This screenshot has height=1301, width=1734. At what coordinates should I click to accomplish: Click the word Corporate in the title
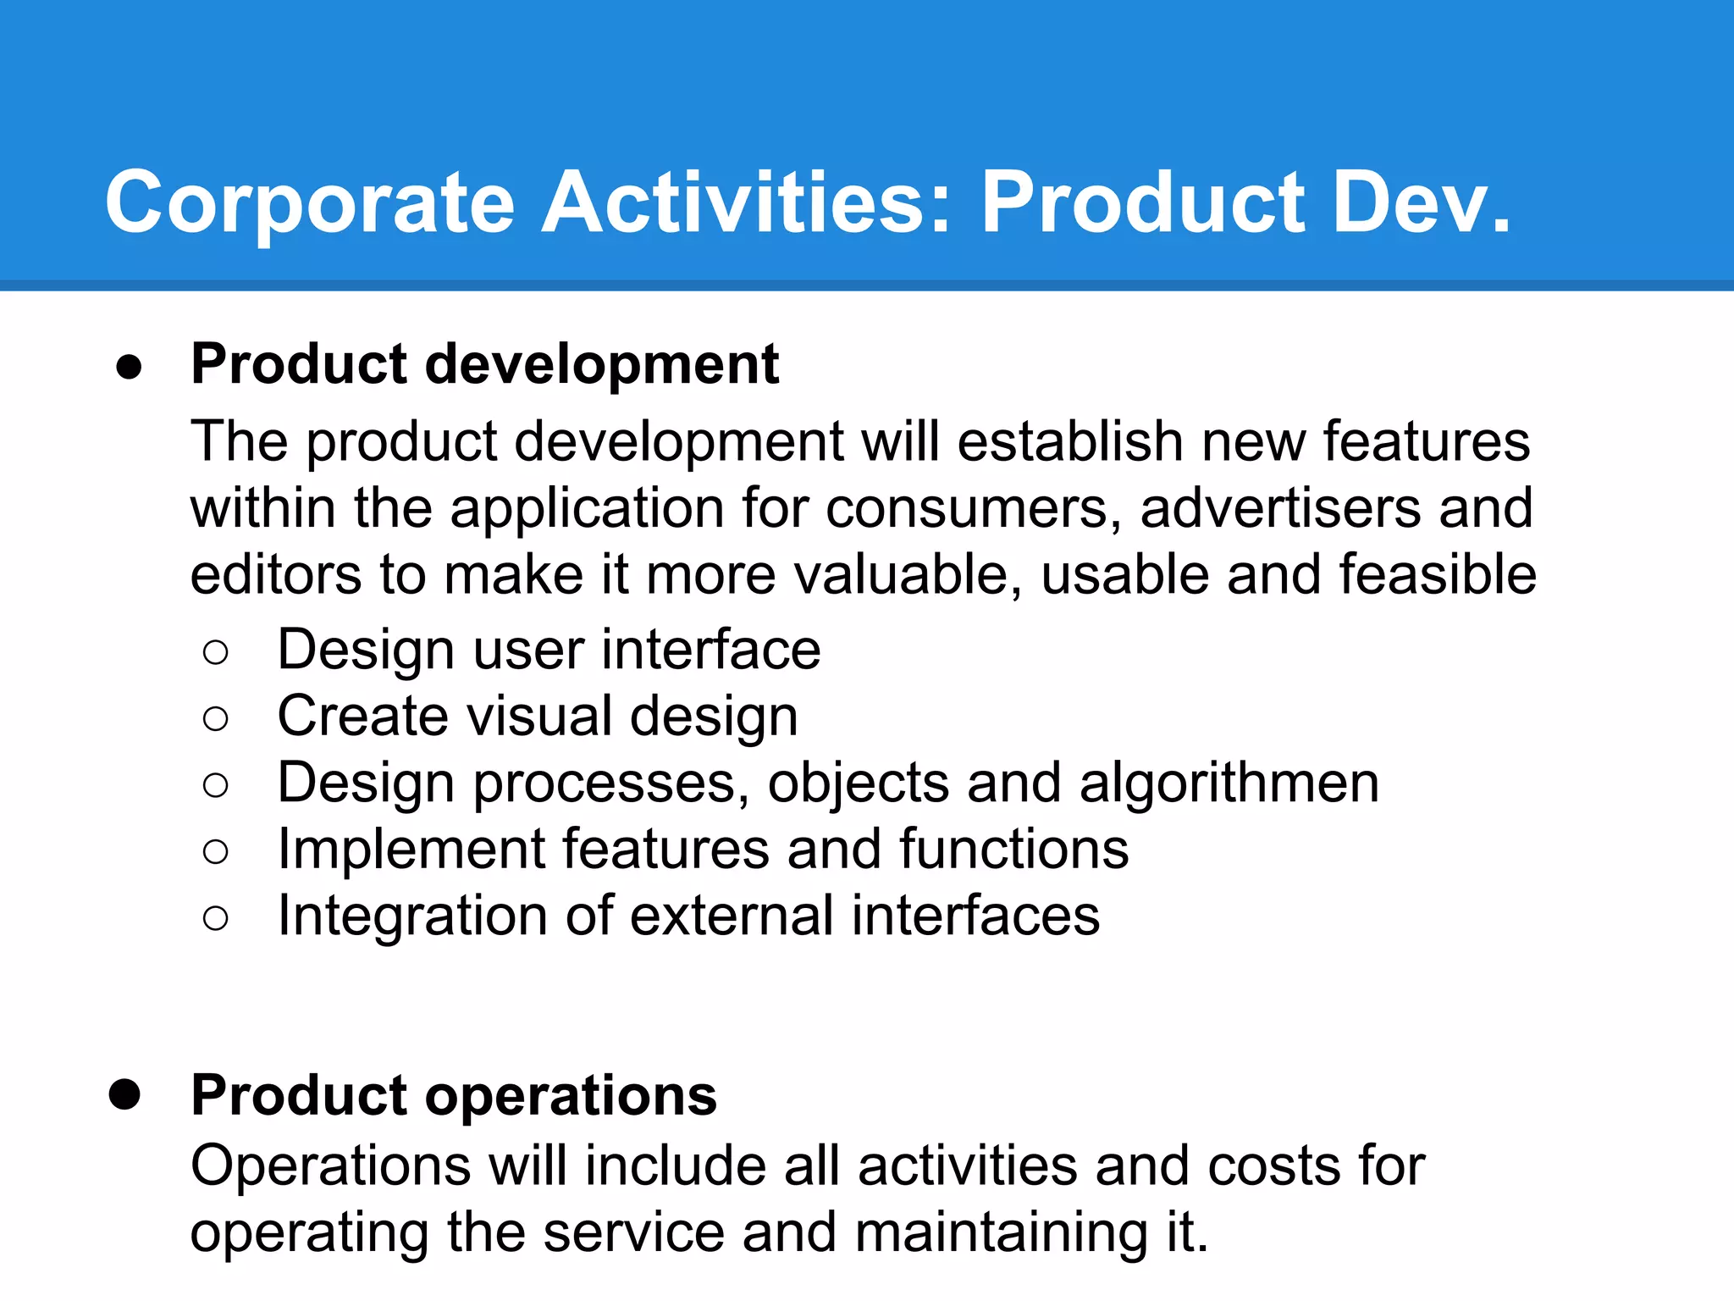click(310, 203)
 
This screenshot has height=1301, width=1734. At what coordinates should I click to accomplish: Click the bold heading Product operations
click(454, 1096)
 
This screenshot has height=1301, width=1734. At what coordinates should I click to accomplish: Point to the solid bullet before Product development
click(129, 368)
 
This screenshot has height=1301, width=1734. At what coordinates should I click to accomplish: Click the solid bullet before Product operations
click(125, 1094)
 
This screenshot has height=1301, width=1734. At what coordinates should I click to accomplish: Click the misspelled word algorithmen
click(1229, 783)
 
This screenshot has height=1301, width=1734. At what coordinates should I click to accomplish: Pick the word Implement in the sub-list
click(410, 850)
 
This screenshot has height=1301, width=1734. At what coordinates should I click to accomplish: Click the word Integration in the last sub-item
click(412, 916)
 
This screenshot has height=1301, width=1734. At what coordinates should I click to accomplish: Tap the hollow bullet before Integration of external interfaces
click(216, 918)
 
